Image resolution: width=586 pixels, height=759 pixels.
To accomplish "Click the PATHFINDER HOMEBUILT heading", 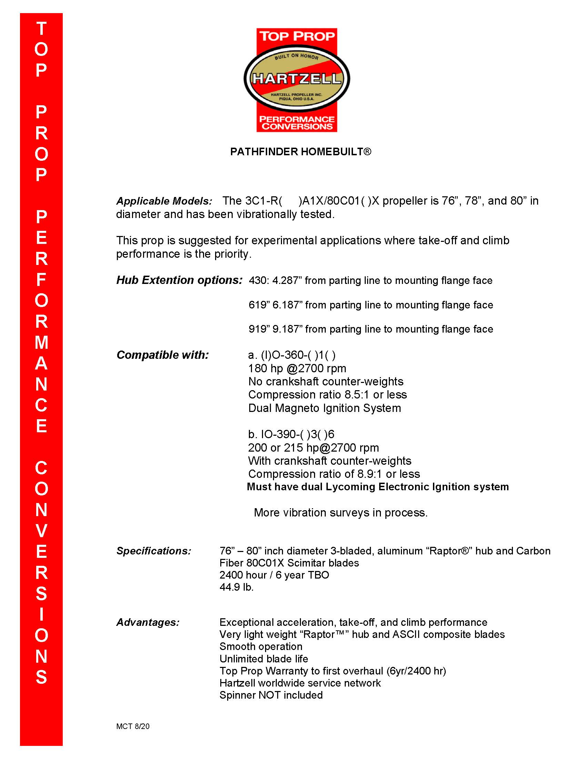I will [301, 152].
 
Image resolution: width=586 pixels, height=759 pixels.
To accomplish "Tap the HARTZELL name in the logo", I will [297, 79].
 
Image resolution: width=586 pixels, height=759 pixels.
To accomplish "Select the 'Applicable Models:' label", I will [164, 201].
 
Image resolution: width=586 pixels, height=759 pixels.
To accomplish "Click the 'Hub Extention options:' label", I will [179, 280].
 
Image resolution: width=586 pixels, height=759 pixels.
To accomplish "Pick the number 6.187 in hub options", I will [286, 305].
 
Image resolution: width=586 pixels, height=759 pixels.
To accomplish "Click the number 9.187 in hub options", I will [286, 329].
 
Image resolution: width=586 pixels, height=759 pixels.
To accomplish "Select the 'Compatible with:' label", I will [162, 355].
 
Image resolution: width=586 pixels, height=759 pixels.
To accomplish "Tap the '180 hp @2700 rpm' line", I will [297, 368].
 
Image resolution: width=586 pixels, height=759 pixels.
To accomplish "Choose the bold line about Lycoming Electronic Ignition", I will [378, 487].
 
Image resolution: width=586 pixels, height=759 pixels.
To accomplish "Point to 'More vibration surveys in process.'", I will [341, 513].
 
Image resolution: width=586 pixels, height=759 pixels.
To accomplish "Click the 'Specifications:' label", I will [154, 551].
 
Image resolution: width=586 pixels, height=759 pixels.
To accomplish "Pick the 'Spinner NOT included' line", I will [271, 695].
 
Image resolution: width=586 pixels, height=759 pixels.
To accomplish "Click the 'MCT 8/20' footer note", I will [133, 726].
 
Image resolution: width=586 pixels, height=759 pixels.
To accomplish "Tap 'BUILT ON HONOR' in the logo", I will [296, 56].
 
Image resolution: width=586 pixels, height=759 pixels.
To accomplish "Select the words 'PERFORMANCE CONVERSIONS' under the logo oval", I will [297, 123].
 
